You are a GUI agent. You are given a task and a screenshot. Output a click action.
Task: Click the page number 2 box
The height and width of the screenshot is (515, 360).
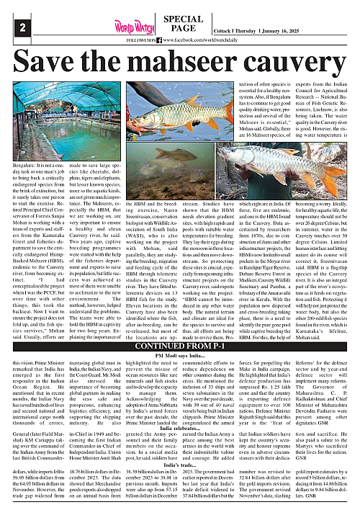[13, 27]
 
